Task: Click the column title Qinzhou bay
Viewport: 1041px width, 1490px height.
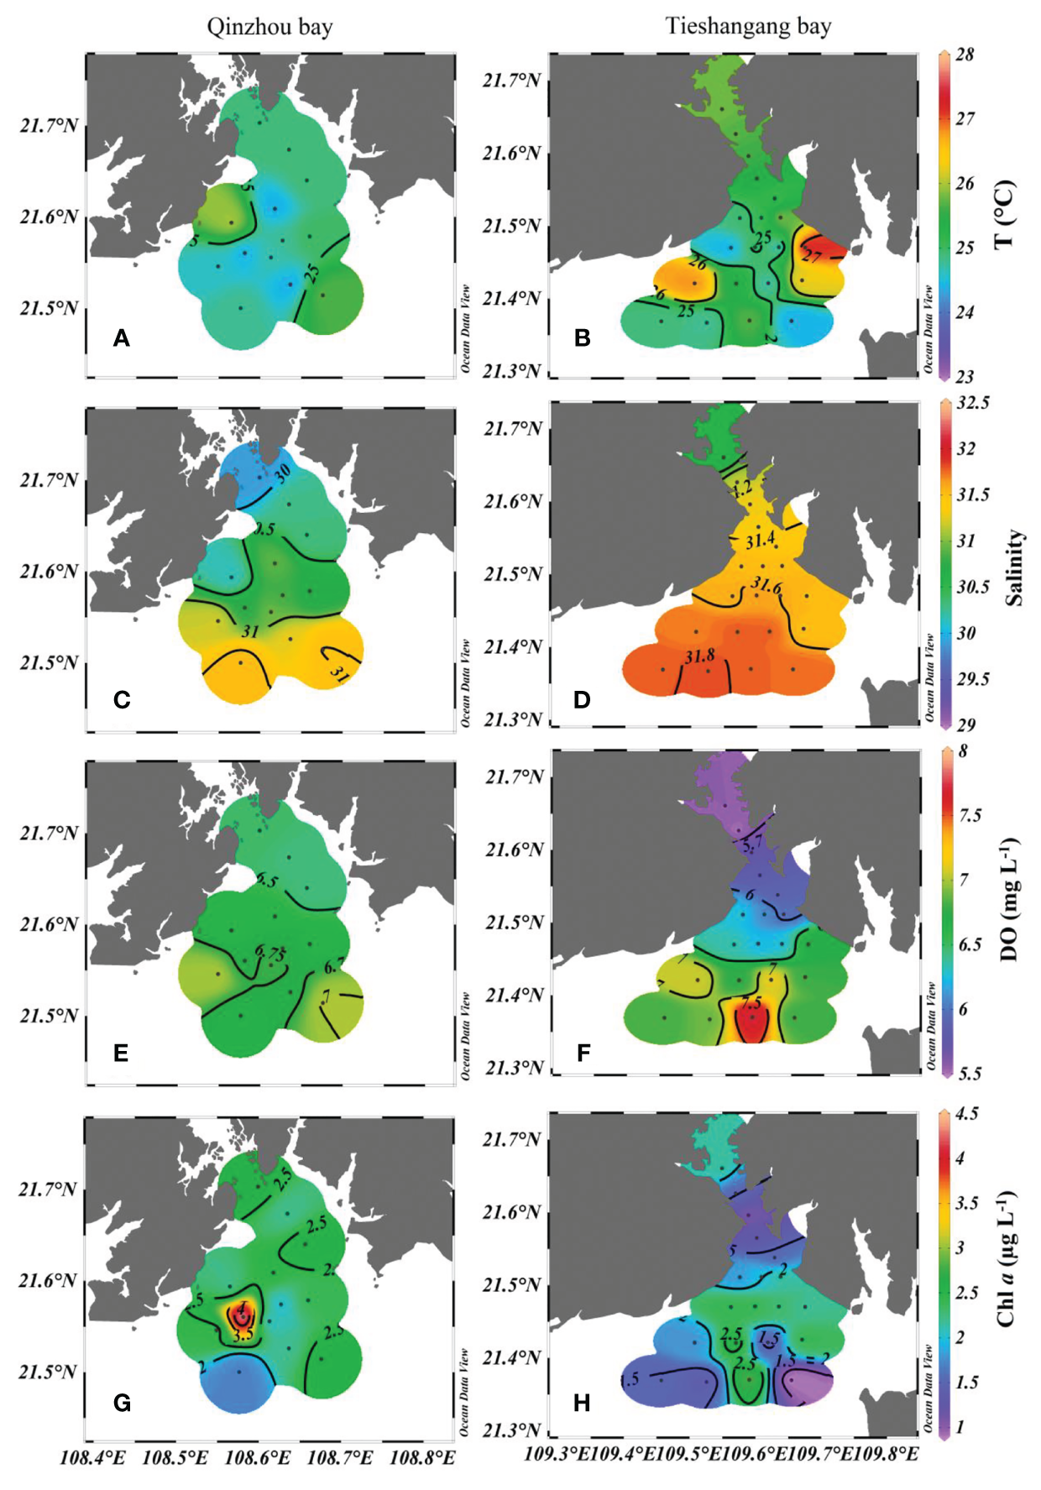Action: (269, 27)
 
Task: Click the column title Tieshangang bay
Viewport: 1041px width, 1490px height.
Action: (748, 26)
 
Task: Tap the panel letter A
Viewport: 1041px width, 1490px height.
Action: (122, 338)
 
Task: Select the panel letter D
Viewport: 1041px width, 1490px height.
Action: (582, 699)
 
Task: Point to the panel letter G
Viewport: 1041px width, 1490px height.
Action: (122, 1403)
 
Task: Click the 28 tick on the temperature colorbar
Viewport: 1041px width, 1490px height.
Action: (965, 55)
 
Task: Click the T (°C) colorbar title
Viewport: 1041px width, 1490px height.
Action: (1005, 215)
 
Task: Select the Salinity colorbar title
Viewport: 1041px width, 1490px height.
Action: (1014, 567)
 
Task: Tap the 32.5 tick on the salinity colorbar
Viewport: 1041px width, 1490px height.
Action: (973, 403)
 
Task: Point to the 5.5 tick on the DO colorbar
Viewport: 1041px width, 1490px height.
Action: (970, 1074)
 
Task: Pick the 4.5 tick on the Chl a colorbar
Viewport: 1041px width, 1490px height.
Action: (966, 1114)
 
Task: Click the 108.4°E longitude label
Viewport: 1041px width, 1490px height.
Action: (92, 1457)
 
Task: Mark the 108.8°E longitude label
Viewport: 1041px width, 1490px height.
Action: (422, 1457)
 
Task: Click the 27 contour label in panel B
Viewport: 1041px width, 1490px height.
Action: (812, 256)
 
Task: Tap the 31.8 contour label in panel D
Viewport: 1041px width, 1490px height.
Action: (698, 656)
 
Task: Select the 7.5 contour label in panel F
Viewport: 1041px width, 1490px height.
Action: (751, 1002)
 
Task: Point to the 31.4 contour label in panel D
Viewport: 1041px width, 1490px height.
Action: (761, 541)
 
